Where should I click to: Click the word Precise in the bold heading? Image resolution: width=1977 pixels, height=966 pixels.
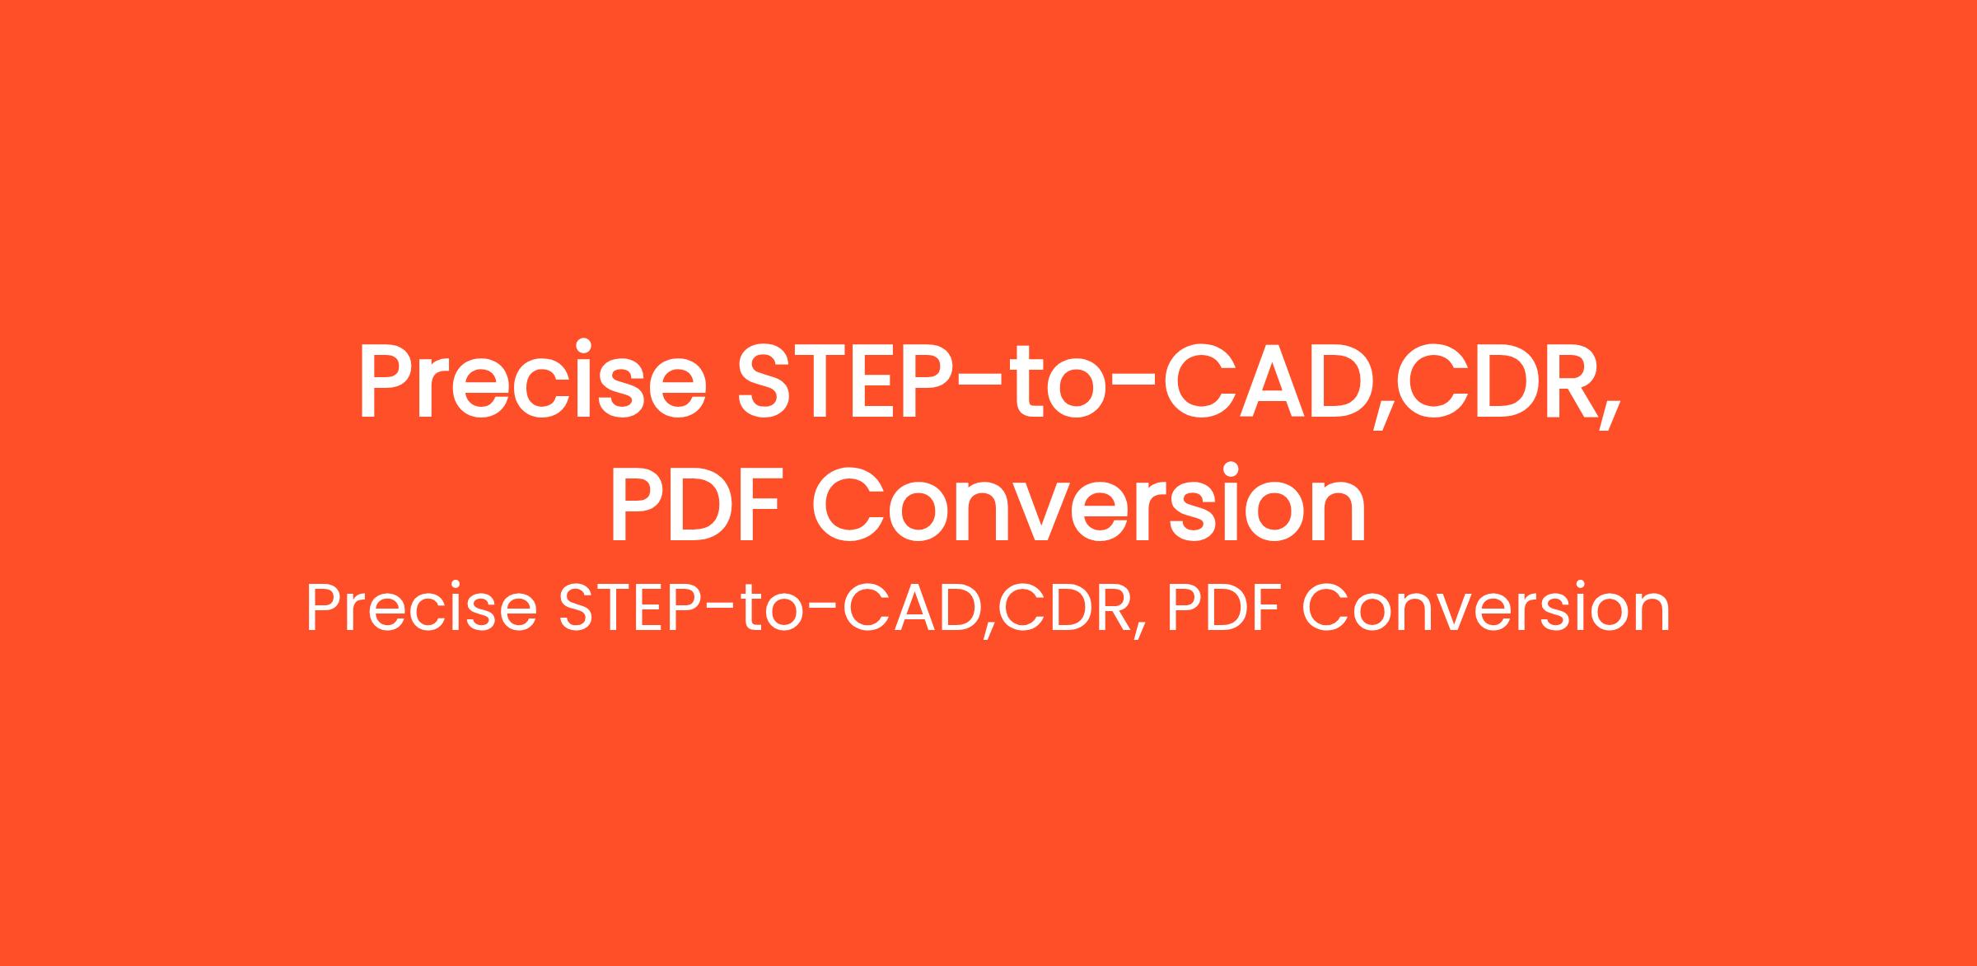pyautogui.click(x=532, y=380)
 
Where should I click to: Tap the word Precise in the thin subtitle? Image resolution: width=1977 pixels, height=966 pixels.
pyautogui.click(x=421, y=609)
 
